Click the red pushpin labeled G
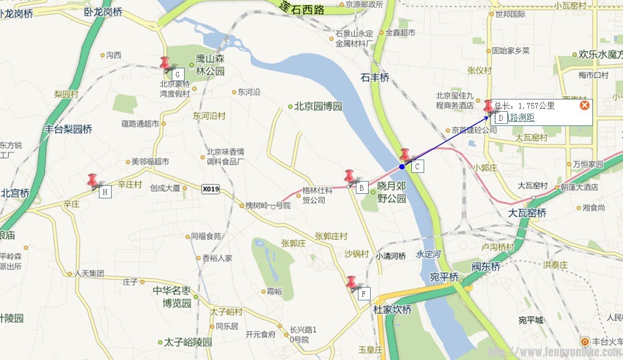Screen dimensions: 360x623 point(165,63)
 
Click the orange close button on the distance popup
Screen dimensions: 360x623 point(585,105)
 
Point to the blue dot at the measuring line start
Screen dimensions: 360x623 point(402,167)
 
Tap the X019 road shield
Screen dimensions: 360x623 point(211,189)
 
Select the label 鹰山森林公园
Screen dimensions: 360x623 point(210,65)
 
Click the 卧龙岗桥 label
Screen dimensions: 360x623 point(103,12)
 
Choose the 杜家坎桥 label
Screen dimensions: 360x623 point(392,310)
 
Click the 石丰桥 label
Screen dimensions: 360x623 point(375,78)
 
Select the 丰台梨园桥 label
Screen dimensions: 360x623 point(68,129)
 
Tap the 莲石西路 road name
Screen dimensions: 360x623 point(302,8)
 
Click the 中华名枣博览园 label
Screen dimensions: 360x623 point(172,297)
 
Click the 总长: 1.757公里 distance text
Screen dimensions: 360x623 point(524,106)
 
